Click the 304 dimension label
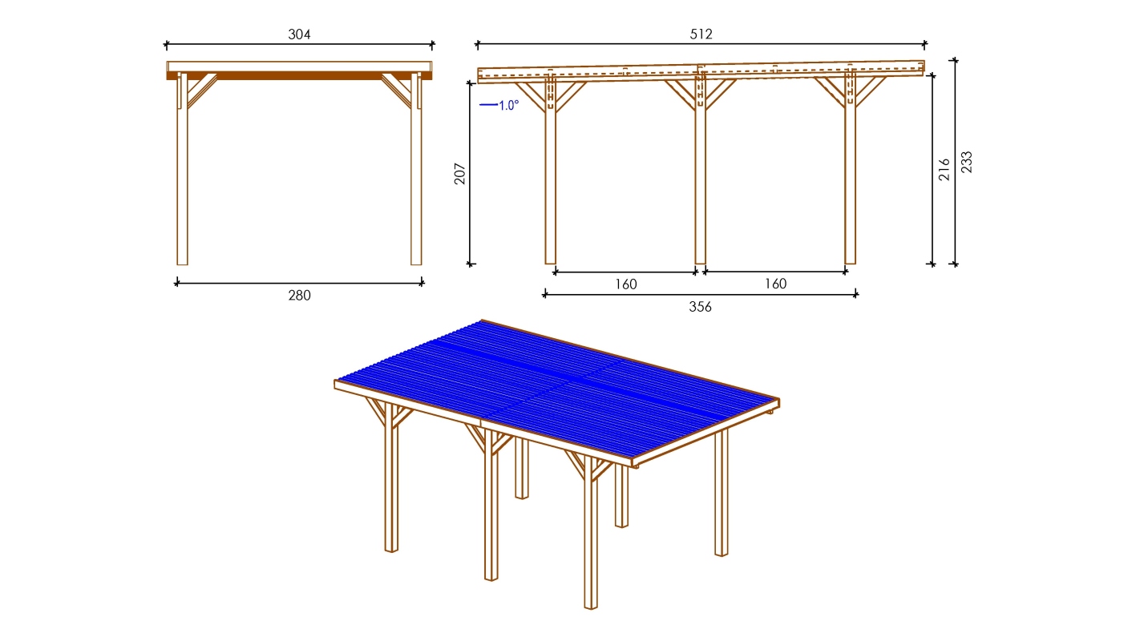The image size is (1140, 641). coord(299,34)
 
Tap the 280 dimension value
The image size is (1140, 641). coord(299,295)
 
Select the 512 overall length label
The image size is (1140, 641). coord(701,34)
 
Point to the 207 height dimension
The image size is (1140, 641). coord(459,174)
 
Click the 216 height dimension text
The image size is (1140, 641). coord(944,169)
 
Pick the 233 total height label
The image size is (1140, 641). coord(966,163)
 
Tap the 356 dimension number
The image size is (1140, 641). coord(701,307)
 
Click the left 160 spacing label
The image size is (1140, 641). coord(625,284)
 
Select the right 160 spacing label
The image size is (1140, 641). coord(775,284)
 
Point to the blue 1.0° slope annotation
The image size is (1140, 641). coord(499,105)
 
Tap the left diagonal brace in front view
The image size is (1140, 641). coord(202,91)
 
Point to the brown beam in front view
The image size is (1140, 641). coord(299,76)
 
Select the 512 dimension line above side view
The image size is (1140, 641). coord(701,44)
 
